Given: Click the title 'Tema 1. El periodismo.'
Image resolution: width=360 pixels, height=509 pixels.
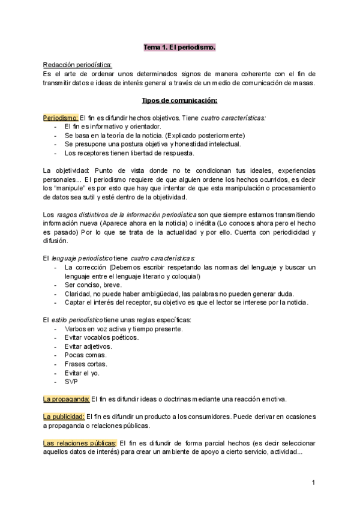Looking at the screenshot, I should tap(179, 46).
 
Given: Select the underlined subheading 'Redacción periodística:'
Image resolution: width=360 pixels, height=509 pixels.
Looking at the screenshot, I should tap(77, 65).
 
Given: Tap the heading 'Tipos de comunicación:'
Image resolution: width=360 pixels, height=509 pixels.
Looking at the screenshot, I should tap(179, 100).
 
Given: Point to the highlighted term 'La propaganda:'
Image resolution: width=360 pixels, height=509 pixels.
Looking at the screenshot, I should tap(67, 398).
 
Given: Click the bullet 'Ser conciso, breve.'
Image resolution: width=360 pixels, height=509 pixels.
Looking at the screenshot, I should tap(92, 285).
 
